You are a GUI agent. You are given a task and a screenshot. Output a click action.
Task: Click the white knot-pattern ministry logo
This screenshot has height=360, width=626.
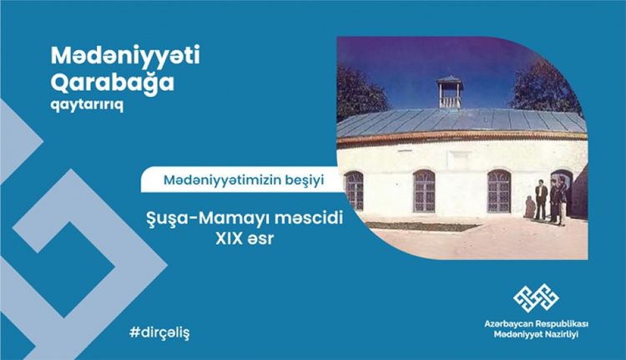[535, 295]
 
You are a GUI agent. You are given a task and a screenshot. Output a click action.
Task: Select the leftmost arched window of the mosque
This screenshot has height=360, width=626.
[355, 190]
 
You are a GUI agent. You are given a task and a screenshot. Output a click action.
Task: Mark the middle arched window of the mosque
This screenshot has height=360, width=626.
[424, 190]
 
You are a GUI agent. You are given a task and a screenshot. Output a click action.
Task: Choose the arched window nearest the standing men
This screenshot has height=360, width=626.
[499, 190]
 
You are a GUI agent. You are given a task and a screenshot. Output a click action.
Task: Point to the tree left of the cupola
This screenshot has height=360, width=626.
[360, 92]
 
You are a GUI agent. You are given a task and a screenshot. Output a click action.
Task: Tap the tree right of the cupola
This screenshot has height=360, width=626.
[546, 84]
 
